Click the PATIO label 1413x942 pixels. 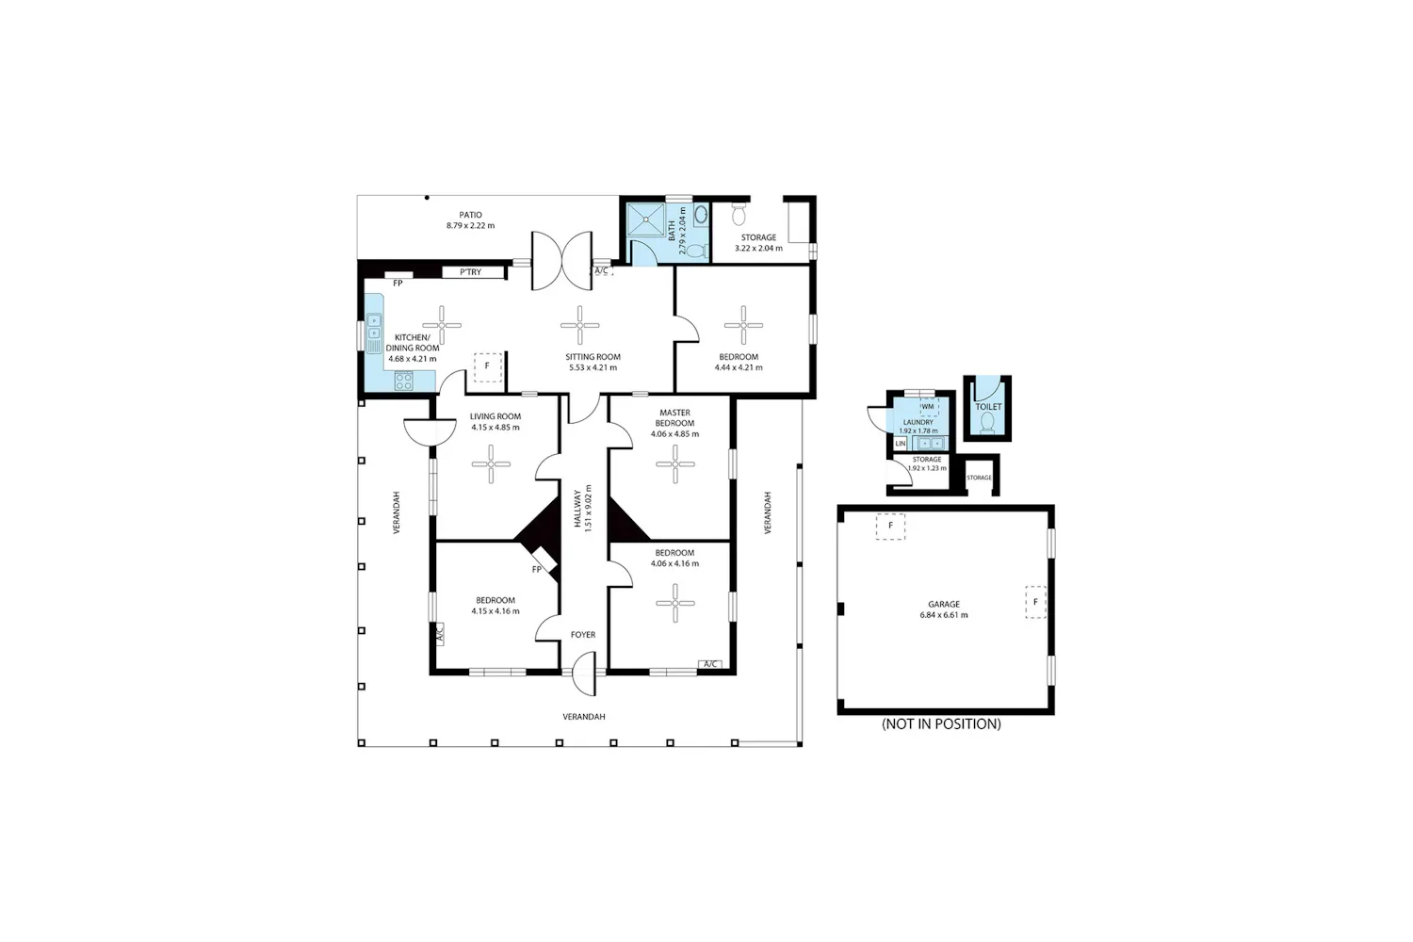(471, 215)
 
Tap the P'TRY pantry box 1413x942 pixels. (473, 272)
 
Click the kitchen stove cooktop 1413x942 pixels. (404, 382)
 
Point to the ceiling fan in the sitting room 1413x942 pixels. (579, 325)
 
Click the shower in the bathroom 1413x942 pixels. (646, 220)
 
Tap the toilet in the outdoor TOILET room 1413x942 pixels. (987, 422)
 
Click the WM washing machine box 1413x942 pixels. (929, 407)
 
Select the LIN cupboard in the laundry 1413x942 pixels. (901, 444)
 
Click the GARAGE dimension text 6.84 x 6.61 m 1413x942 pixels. (944, 614)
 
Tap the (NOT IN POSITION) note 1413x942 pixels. (941, 723)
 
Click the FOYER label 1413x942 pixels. (583, 635)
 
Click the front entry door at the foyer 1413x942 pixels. (584, 674)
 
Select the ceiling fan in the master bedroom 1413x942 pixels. (675, 463)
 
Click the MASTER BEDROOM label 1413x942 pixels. (675, 417)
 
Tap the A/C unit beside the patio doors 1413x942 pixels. (602, 271)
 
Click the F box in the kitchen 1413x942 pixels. (488, 367)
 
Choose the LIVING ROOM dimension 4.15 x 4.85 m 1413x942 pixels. (495, 427)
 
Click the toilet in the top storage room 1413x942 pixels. (739, 214)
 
